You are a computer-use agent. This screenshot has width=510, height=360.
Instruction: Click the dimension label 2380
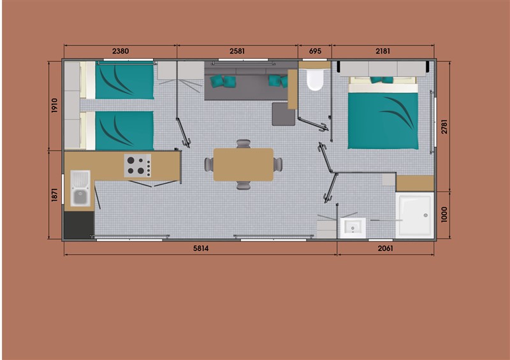(120, 51)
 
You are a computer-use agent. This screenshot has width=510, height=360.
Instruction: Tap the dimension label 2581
(237, 51)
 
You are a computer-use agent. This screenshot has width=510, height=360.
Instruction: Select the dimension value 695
(315, 51)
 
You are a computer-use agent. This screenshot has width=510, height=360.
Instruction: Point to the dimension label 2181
(382, 51)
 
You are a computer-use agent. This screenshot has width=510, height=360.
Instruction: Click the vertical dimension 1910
(54, 105)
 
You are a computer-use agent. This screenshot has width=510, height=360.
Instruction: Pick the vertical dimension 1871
(54, 194)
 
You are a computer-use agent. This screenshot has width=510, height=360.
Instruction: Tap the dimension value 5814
(201, 248)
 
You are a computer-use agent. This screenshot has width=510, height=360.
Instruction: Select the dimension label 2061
(386, 248)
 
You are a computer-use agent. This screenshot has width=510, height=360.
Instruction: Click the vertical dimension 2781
(444, 127)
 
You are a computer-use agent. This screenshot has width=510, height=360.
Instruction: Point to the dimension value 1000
(444, 215)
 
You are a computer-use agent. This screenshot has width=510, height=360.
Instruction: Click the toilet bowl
(315, 80)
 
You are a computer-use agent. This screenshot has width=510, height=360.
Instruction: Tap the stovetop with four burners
(137, 166)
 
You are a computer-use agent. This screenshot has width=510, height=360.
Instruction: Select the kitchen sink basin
(80, 189)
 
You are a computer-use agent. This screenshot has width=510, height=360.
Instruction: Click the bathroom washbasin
(353, 228)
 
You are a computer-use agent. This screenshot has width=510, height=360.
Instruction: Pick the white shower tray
(415, 215)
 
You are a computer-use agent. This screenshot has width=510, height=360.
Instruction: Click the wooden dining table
(244, 164)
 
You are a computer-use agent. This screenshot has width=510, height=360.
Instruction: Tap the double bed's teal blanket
(383, 121)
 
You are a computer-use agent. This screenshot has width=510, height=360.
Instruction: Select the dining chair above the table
(244, 144)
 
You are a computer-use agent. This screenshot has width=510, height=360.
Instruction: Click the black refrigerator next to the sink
(79, 225)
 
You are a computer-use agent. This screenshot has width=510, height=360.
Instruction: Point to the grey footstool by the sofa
(283, 114)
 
